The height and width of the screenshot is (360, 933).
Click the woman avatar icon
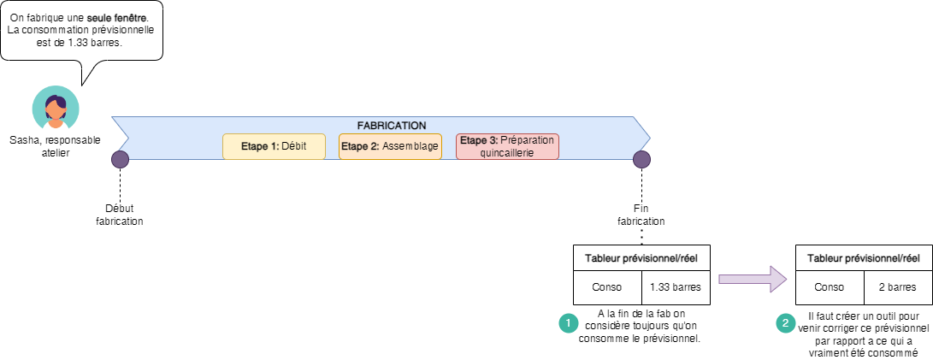click(x=56, y=110)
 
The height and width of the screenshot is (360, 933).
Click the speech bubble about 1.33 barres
click(x=81, y=31)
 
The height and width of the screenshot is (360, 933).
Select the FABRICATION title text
click(x=391, y=125)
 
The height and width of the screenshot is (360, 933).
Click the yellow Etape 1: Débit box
click(x=274, y=146)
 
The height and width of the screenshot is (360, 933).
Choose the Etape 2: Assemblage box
click(x=390, y=146)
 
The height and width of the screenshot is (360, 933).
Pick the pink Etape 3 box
click(x=507, y=146)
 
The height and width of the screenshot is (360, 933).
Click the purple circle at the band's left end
click(x=121, y=159)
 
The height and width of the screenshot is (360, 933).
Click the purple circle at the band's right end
click(x=641, y=159)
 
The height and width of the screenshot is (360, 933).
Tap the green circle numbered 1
click(x=568, y=323)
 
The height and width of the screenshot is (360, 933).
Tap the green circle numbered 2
click(x=785, y=323)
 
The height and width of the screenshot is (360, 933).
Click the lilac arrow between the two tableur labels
click(x=752, y=279)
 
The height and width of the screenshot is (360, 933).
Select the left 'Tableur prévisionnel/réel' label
click(x=641, y=257)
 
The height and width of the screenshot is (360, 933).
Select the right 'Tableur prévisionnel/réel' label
click(x=864, y=257)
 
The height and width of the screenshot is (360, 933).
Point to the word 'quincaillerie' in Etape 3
click(x=507, y=152)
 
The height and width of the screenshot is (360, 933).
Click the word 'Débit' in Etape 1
click(x=293, y=146)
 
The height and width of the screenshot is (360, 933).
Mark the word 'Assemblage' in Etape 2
click(x=410, y=146)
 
